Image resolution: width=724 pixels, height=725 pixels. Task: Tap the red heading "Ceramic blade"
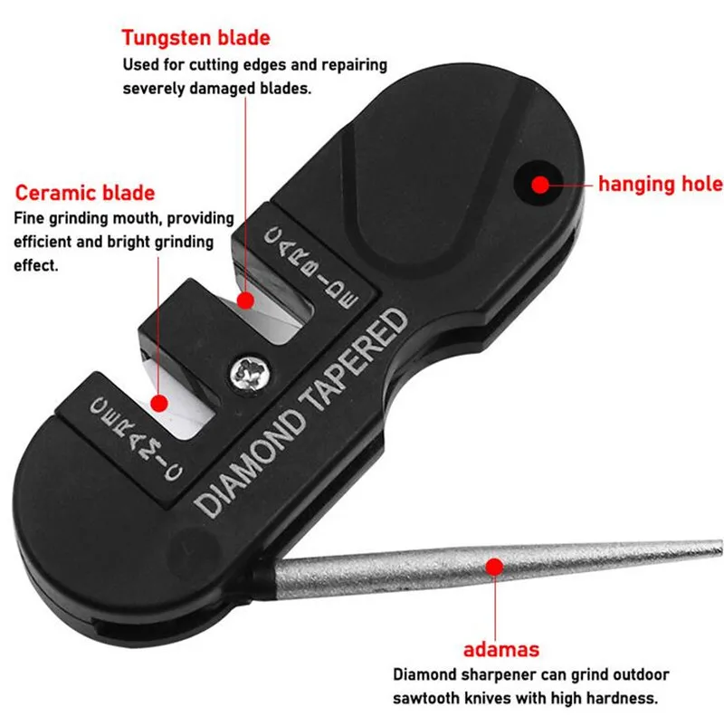point(85,193)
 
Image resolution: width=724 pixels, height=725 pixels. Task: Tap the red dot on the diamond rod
point(493,568)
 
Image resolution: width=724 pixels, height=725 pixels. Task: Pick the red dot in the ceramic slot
point(160,401)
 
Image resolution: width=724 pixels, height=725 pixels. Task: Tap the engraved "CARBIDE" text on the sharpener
point(312,263)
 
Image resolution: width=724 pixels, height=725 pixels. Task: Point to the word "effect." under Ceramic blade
point(35,266)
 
